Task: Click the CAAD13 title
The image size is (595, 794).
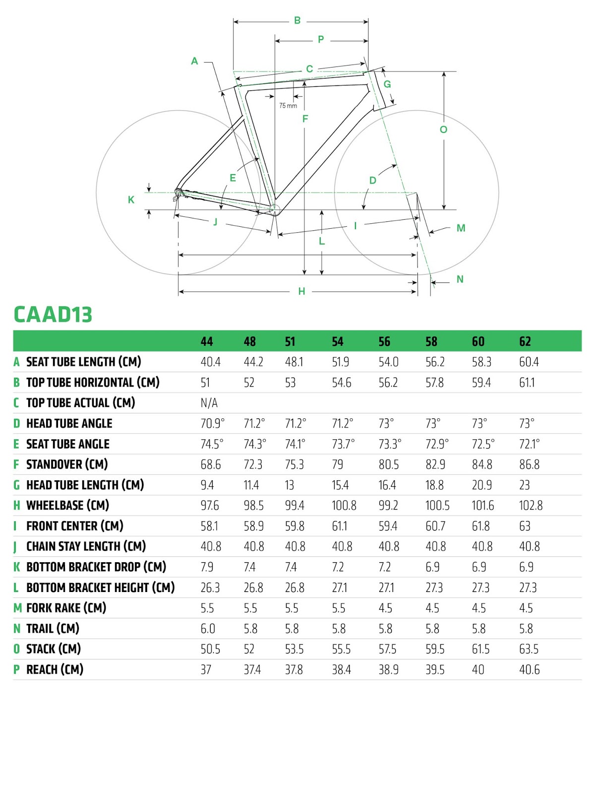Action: tap(53, 315)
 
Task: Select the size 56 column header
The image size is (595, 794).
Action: tap(384, 341)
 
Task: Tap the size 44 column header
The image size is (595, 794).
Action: tap(207, 341)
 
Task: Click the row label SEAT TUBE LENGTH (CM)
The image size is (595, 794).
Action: tap(83, 362)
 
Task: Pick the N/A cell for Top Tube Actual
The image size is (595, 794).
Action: tap(209, 403)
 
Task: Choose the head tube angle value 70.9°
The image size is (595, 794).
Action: tap(212, 423)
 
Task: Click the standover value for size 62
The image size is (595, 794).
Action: tap(529, 464)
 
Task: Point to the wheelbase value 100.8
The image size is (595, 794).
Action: tap(344, 505)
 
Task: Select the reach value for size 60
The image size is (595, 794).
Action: tap(478, 669)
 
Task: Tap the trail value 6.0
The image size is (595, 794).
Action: tap(208, 629)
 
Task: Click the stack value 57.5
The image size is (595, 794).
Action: tap(387, 649)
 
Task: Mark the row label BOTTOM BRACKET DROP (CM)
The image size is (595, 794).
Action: tap(96, 567)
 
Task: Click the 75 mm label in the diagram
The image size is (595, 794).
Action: tap(288, 106)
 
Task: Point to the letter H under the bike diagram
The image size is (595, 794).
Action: tap(301, 292)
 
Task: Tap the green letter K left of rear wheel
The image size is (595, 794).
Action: tap(131, 199)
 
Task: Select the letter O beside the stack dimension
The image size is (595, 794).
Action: tap(443, 130)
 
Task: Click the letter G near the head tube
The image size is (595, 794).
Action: tap(387, 84)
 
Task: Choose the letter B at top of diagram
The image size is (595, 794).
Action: tap(297, 20)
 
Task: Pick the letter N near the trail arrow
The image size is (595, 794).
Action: tap(460, 279)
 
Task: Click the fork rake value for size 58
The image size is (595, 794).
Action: tap(432, 608)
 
